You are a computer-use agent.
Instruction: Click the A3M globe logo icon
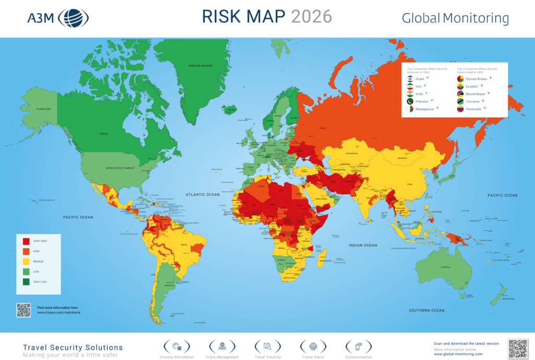pos(73,18)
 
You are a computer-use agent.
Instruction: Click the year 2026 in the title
pos(311,17)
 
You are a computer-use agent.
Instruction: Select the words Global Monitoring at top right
pos(455,18)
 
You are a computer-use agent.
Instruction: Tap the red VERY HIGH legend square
pos(26,241)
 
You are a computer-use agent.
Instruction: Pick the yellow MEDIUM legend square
pos(26,261)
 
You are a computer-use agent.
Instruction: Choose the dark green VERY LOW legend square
pos(26,282)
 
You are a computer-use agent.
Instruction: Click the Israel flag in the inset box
pos(410,79)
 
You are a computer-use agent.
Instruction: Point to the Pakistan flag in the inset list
pos(410,101)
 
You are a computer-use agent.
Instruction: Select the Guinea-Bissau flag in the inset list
pos(460,79)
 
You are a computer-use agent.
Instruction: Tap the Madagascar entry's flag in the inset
pos(410,109)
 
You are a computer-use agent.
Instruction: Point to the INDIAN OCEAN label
pos(363,245)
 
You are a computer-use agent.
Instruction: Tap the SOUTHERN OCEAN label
pos(427,310)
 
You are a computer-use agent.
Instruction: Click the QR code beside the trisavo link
pos(24,310)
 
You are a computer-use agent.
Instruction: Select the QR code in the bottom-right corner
pos(518,349)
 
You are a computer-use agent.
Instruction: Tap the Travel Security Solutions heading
pos(73,347)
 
